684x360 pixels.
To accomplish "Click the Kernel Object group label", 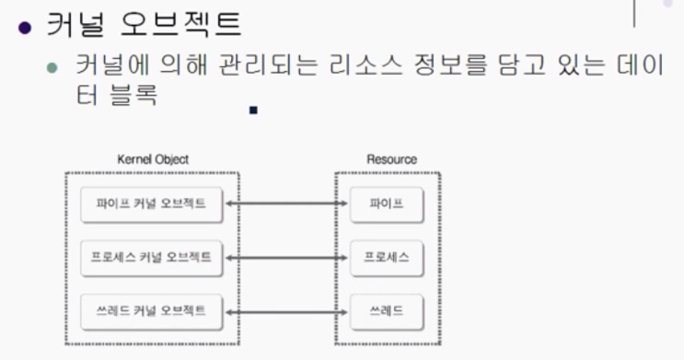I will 154,159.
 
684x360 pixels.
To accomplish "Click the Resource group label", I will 391,159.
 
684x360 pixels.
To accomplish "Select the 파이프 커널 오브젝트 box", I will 151,203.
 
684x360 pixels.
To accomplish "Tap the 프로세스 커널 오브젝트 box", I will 151,257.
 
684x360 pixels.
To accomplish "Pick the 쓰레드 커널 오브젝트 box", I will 151,310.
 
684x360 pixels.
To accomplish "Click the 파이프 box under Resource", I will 386,203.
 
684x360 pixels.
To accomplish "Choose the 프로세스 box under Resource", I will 386,257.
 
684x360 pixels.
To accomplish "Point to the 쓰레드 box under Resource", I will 386,310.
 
